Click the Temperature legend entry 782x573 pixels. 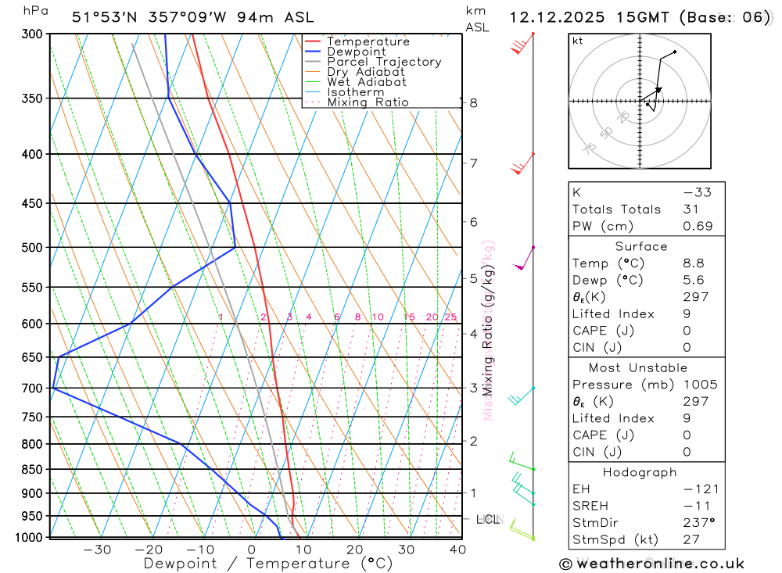tap(368, 41)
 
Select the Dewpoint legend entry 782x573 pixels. tap(356, 52)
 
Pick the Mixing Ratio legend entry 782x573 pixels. tap(368, 102)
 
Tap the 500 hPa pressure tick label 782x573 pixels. tap(31, 248)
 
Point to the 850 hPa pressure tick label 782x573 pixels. tap(31, 470)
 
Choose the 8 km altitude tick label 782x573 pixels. tap(473, 103)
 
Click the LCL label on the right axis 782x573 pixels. tap(488, 519)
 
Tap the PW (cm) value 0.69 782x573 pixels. tap(698, 227)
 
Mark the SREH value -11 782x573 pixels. tap(694, 507)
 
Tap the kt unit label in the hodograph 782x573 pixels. tap(577, 41)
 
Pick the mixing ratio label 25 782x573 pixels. tap(450, 317)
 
